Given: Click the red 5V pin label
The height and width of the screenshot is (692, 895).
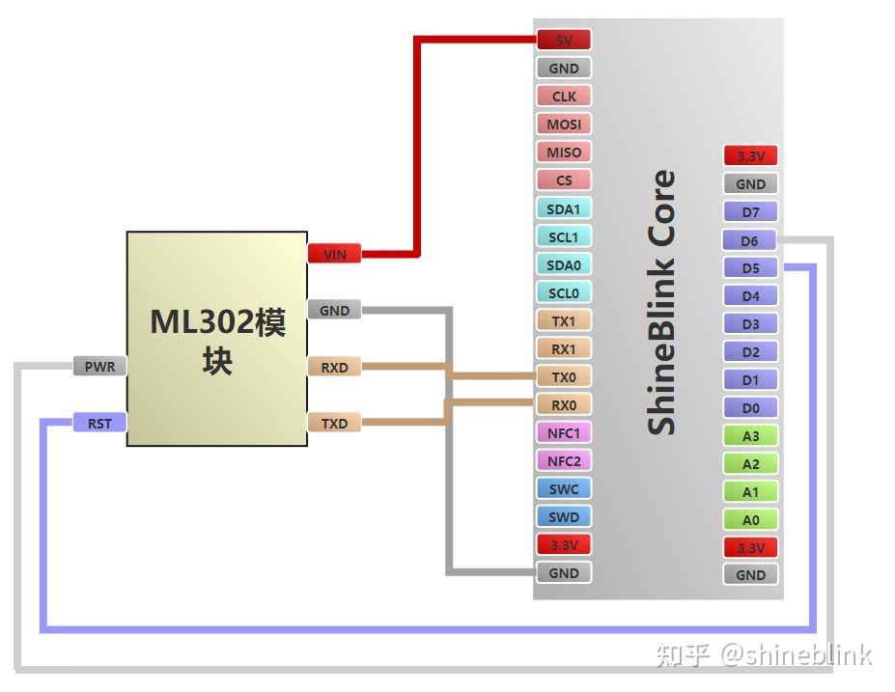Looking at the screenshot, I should [563, 41].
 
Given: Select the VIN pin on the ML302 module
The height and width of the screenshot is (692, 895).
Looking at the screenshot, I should [334, 255].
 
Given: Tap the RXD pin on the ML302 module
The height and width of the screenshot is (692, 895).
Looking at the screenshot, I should [334, 367].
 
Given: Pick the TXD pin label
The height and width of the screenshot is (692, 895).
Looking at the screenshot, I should [334, 423].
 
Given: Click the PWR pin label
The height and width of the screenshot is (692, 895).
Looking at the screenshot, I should [99, 367].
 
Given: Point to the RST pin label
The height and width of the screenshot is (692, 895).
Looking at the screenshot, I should [99, 423].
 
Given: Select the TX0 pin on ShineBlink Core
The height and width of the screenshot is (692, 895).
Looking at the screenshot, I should [563, 377].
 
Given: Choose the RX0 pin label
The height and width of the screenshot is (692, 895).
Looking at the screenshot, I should [563, 405].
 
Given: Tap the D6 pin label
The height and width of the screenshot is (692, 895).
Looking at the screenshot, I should [750, 240].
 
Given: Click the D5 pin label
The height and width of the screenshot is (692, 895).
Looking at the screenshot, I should [750, 268].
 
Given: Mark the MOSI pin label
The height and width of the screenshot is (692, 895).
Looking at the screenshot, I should [563, 125].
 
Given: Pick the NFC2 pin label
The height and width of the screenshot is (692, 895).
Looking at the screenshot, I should [563, 461].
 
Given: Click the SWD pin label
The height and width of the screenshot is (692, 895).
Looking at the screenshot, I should [563, 517].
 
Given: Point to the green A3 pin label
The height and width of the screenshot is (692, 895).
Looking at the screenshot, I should [750, 436].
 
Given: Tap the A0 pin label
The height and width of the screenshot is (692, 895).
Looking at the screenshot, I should [750, 520].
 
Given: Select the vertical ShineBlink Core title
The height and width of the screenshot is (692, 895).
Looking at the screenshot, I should [661, 302].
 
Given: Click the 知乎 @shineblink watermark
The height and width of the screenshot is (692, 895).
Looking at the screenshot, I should [764, 654].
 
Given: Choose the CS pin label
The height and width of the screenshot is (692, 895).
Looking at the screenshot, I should [563, 180].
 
